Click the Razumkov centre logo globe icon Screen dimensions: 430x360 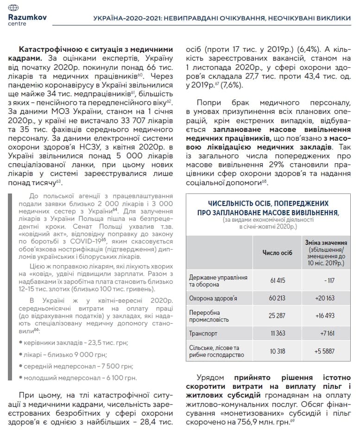point(14,8)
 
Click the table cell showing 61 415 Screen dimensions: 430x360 point(277,280)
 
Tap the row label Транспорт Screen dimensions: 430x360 point(203,333)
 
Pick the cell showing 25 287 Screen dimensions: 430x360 point(277,316)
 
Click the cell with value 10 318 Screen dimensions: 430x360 point(277,351)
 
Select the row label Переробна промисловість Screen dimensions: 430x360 point(209,316)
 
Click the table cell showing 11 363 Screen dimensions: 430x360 point(277,333)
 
